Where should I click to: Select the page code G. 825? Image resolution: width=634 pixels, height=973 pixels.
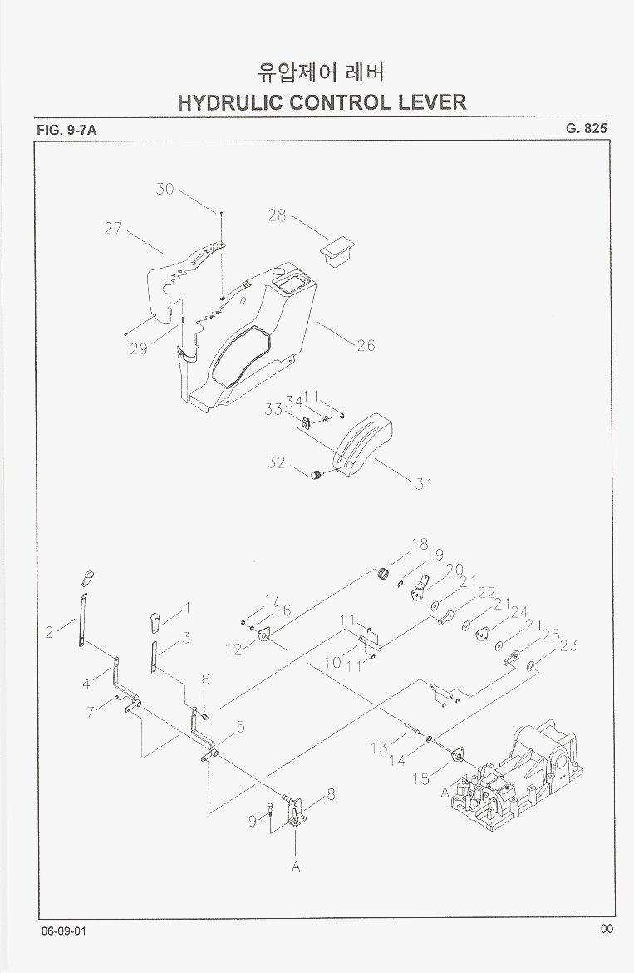pyautogui.click(x=587, y=128)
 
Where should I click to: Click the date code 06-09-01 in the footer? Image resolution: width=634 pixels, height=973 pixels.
pyautogui.click(x=63, y=930)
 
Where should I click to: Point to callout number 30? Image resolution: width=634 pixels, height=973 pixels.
pyautogui.click(x=165, y=189)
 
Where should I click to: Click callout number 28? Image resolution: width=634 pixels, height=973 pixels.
pyautogui.click(x=277, y=215)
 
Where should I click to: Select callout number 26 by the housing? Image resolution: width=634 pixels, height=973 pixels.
pyautogui.click(x=366, y=345)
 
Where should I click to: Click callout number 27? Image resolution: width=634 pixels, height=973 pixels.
pyautogui.click(x=113, y=228)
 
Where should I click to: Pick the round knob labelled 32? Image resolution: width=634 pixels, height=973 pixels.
pyautogui.click(x=316, y=475)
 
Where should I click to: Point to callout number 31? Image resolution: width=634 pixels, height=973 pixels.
pyautogui.click(x=424, y=484)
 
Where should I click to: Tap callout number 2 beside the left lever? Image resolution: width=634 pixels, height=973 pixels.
pyautogui.click(x=50, y=633)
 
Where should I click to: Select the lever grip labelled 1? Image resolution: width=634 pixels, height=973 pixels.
pyautogui.click(x=154, y=620)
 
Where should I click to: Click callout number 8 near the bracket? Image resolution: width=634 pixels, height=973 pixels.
pyautogui.click(x=331, y=794)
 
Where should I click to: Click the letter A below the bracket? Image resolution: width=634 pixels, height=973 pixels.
pyautogui.click(x=295, y=866)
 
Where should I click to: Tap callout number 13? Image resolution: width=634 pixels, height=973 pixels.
pyautogui.click(x=379, y=748)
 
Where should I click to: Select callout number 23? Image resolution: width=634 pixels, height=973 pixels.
pyautogui.click(x=569, y=645)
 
